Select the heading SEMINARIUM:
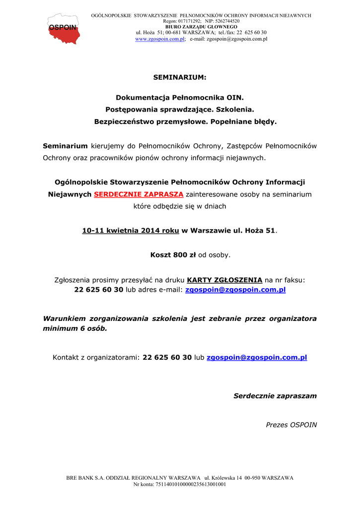(179, 77)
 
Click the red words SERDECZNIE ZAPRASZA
(139, 194)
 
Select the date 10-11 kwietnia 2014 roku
(131, 231)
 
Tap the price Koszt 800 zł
(173, 255)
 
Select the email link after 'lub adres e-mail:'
(235, 290)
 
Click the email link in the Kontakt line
(257, 357)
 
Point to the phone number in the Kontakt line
(167, 357)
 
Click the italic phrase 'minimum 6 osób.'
(75, 328)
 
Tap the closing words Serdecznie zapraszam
(275, 396)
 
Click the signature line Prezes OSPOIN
(291, 425)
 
